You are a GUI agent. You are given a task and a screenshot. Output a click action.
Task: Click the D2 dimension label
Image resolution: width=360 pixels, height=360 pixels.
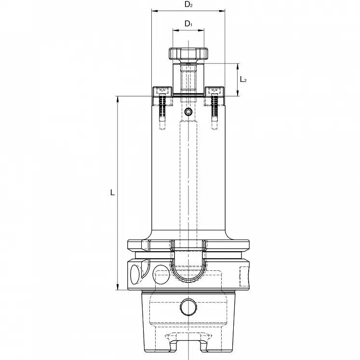pos(188,5)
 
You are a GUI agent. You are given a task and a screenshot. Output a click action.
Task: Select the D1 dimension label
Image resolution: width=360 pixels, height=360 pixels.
pos(188,24)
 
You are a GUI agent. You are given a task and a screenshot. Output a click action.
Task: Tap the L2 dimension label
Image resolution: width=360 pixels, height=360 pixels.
pos(243,79)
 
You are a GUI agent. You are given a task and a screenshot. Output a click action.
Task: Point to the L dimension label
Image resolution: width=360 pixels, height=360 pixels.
pos(112,193)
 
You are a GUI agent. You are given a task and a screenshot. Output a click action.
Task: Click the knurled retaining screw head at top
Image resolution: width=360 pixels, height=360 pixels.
pos(188,53)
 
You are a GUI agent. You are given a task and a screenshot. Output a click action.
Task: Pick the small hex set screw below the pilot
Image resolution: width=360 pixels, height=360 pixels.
pos(188,113)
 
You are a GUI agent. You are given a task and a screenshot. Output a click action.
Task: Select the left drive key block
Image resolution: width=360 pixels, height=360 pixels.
pos(162,91)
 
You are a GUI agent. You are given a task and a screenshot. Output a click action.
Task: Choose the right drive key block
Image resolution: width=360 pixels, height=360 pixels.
pos(214,91)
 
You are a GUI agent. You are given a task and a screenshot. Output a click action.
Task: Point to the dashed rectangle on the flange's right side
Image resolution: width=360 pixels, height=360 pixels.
pos(244,275)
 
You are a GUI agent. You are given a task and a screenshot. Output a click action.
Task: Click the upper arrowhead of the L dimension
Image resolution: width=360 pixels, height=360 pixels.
pos(118,99)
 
